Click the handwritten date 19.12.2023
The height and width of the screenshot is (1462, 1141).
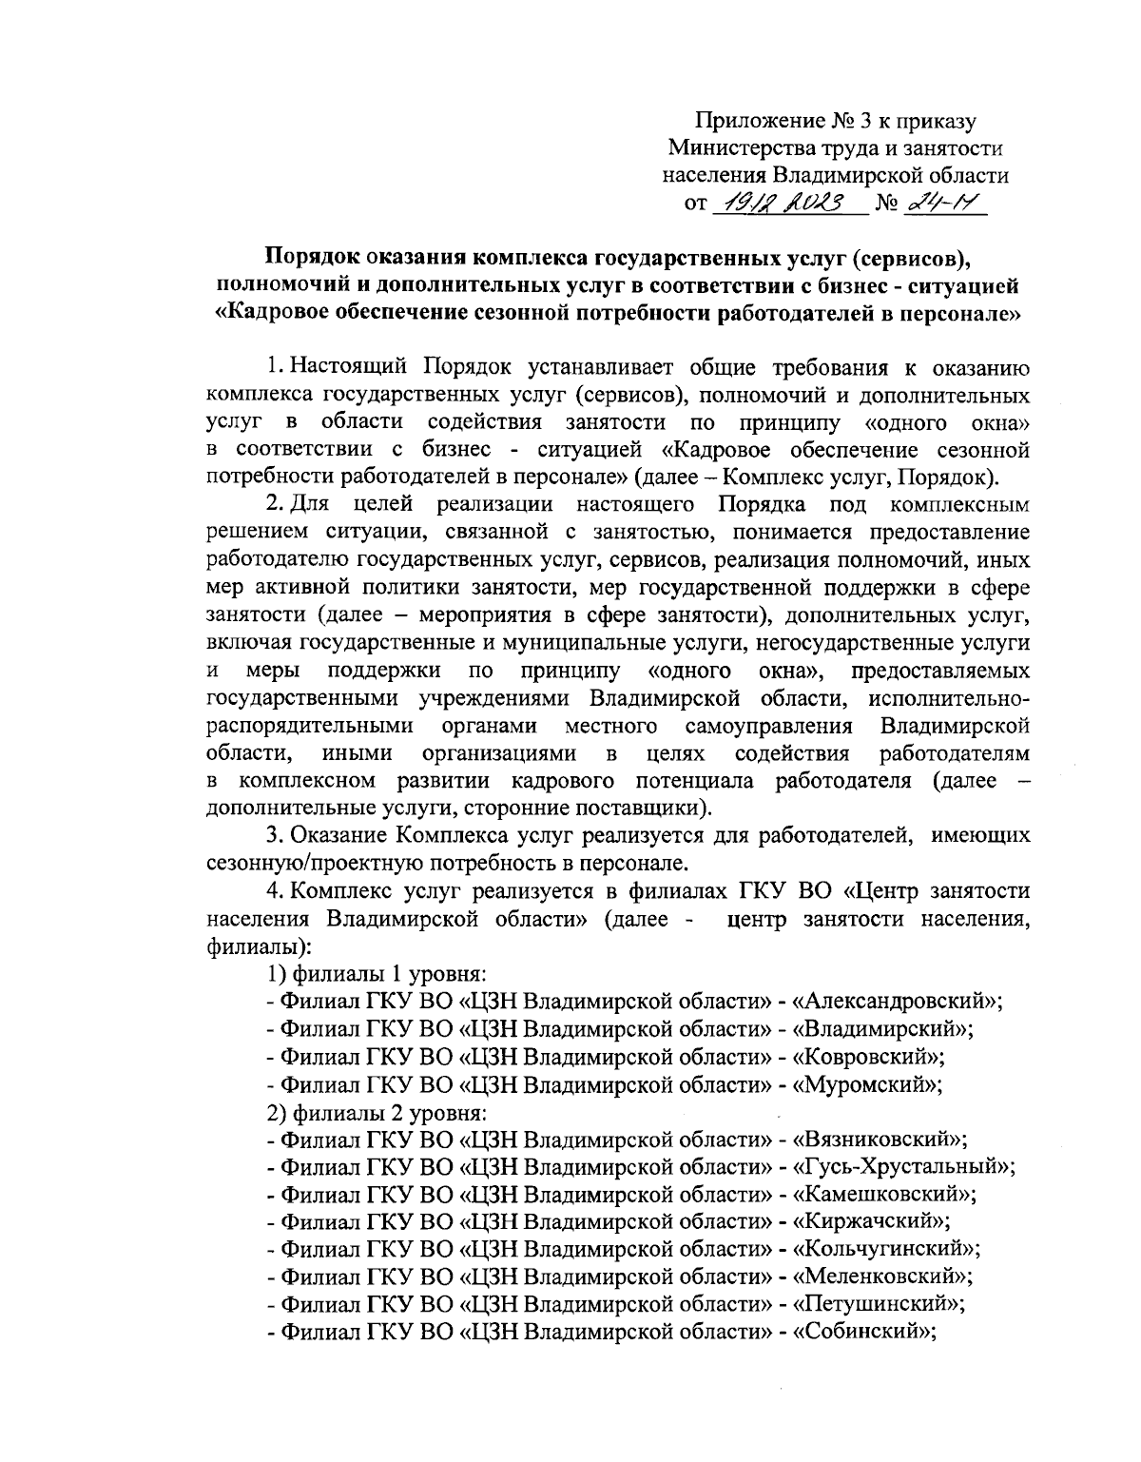785,204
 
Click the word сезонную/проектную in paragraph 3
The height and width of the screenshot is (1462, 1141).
324,864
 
